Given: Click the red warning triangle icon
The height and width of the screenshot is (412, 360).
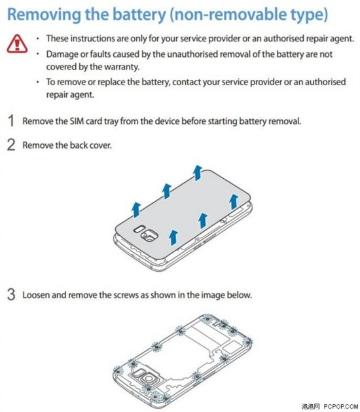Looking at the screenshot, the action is tap(17, 44).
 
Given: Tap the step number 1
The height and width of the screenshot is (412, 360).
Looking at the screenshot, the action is tap(11, 121).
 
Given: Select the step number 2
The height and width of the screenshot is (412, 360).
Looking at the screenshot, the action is tap(11, 145).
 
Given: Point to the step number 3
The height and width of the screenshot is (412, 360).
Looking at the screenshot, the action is tap(11, 295).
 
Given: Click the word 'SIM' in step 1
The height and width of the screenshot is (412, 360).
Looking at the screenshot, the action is tap(77, 121).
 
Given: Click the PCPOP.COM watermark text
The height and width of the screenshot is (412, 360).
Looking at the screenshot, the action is tap(340, 407).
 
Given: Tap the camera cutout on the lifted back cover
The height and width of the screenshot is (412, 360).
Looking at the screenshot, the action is tap(150, 234).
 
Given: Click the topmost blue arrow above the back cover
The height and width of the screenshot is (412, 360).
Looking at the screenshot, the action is tap(198, 173).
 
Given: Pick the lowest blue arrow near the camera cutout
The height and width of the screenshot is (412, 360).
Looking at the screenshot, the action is tap(173, 237).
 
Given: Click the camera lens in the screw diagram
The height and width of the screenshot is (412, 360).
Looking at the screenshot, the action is tap(149, 378).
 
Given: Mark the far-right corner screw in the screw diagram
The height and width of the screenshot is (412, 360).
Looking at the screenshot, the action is tap(247, 342).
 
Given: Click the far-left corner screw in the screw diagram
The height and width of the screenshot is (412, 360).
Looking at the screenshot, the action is tap(118, 371).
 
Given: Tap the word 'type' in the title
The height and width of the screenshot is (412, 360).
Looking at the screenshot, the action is tap(309, 15).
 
